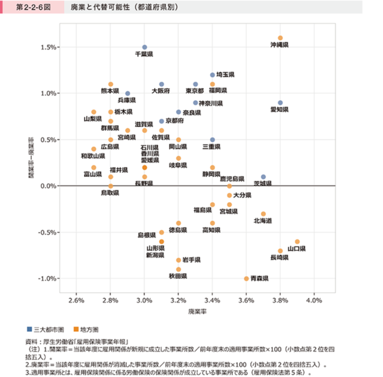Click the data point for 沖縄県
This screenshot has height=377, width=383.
(x=280, y=38)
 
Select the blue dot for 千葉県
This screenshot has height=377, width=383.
(x=145, y=47)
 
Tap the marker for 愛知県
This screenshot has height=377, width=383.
(x=280, y=103)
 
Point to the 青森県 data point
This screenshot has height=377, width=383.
(x=246, y=278)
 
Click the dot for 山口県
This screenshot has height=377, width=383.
(x=297, y=242)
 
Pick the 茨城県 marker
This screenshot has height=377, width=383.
(x=264, y=177)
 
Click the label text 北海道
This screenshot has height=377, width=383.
(x=262, y=221)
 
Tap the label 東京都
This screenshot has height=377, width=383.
(x=195, y=91)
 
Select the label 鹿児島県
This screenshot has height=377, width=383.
(x=232, y=179)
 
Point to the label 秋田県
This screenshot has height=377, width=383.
(x=178, y=276)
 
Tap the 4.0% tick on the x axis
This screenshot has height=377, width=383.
(x=314, y=300)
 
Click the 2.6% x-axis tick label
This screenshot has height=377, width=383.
(x=76, y=300)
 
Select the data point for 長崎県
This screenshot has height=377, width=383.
(x=280, y=251)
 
